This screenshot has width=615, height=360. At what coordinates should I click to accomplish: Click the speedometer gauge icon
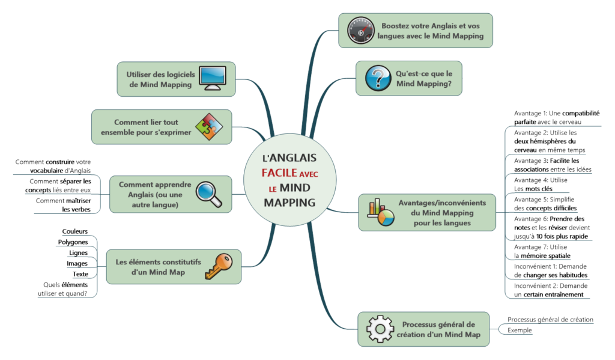pos(360,30)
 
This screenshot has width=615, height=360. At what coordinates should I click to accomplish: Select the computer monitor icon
pos(213,78)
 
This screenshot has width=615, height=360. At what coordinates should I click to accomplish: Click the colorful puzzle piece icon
pos(210,127)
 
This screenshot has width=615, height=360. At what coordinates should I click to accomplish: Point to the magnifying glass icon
pos(209,194)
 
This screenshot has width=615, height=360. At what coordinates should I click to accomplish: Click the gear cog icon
pos(380,328)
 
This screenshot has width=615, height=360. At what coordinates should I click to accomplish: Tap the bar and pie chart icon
pos(381,212)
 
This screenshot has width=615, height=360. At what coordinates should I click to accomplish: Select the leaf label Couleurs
pos(75,231)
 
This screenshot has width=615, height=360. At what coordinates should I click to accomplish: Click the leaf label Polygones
pos(73,242)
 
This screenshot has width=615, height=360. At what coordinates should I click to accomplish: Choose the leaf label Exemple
pos(520,331)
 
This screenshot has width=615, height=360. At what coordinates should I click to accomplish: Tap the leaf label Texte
pos(80,274)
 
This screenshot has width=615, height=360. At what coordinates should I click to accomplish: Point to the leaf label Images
pos(77,263)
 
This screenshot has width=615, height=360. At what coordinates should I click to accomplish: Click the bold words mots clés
pos(539,189)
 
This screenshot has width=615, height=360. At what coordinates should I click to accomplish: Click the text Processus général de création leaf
pos(550,320)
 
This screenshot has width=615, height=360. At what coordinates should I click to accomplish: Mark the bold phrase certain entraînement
pos(553,294)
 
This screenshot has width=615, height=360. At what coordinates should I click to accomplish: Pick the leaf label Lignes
pos(79,253)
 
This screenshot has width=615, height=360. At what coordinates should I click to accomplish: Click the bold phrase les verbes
pos(76,209)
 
